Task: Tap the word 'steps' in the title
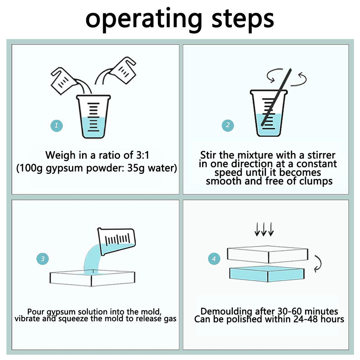coord(243,19)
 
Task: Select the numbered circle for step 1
coord(57,126)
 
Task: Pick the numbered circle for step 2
coord(228,125)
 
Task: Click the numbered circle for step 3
coord(42,259)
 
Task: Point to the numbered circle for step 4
coord(214,259)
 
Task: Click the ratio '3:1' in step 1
coord(142,155)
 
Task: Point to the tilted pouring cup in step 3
coord(116,241)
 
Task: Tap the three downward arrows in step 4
coord(264,229)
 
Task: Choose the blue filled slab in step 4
coord(267,274)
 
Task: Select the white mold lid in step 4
coord(267,254)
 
